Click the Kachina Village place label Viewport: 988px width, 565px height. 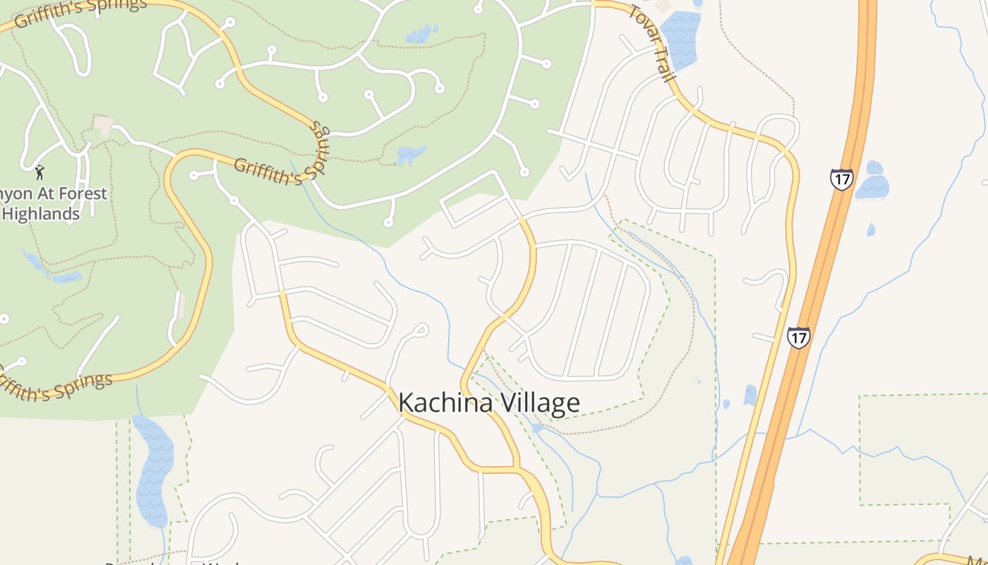[x=489, y=403]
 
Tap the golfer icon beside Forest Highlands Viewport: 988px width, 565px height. [x=40, y=172]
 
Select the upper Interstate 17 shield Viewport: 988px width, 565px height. [x=841, y=179]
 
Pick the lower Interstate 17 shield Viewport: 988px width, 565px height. [x=798, y=338]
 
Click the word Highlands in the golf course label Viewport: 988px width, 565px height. [x=41, y=213]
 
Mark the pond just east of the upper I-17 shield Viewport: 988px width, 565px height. [x=873, y=184]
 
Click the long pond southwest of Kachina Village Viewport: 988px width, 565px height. [x=153, y=470]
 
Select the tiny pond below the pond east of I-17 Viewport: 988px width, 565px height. [x=871, y=230]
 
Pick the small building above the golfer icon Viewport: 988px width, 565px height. [x=103, y=126]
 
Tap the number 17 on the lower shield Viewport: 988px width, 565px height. [x=798, y=338]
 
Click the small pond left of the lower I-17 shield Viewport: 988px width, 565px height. [x=749, y=395]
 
